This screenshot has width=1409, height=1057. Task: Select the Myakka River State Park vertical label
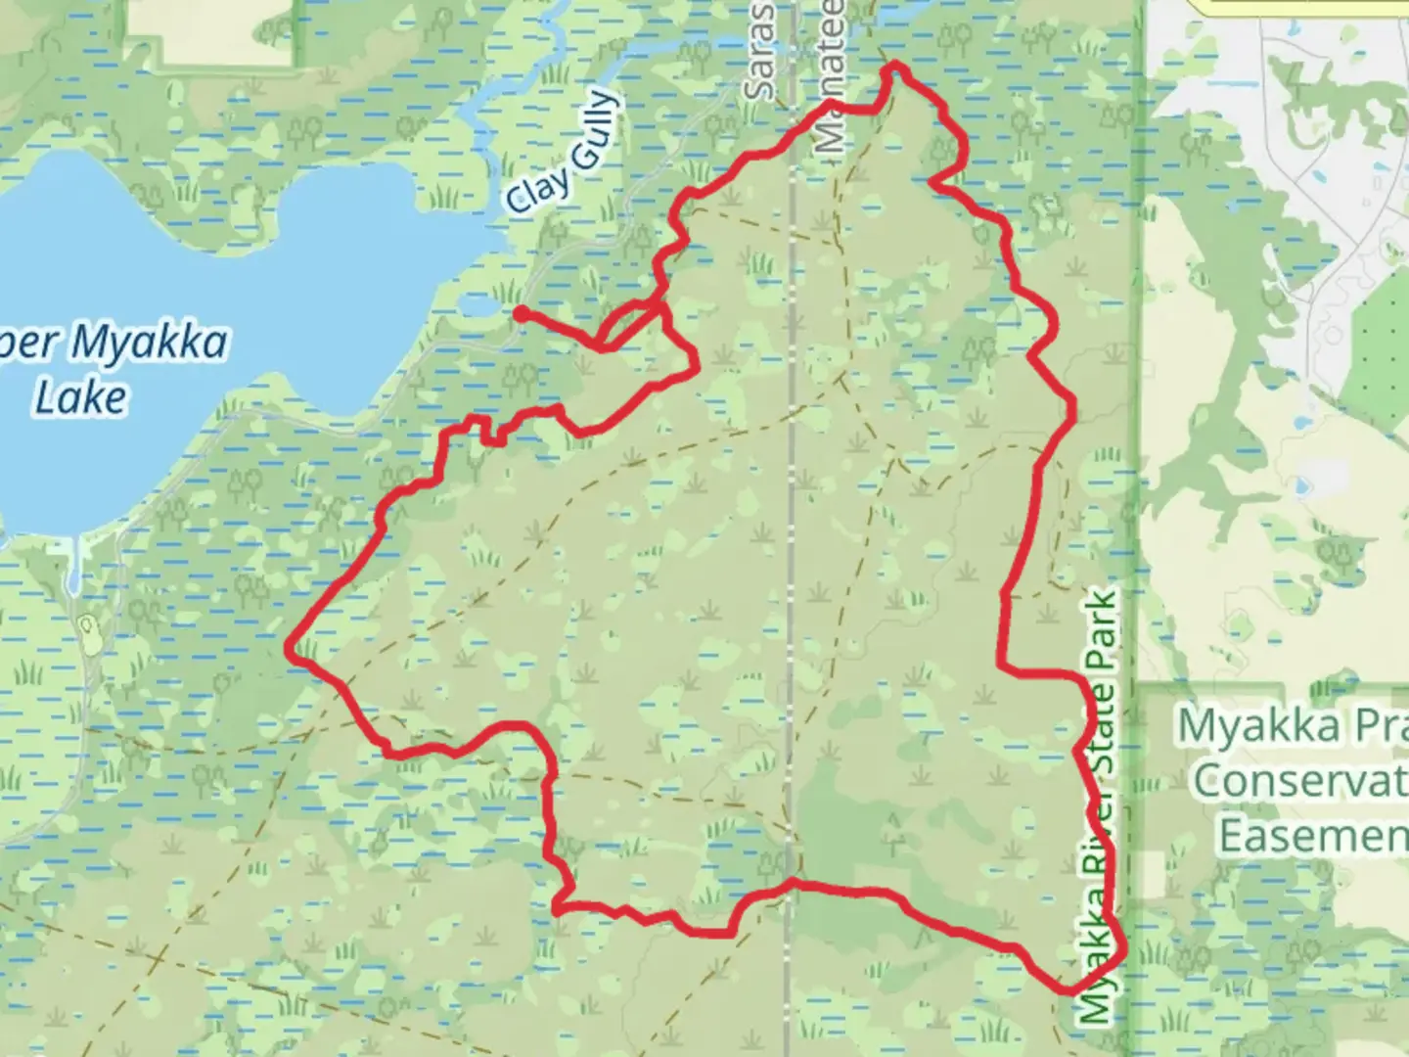click(1100, 808)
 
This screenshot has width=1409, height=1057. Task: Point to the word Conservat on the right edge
click(1301, 781)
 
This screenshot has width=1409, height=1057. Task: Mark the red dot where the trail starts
click(522, 312)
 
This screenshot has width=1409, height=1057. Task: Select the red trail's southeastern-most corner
click(1118, 947)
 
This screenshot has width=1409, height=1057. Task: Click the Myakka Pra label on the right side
click(1292, 727)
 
